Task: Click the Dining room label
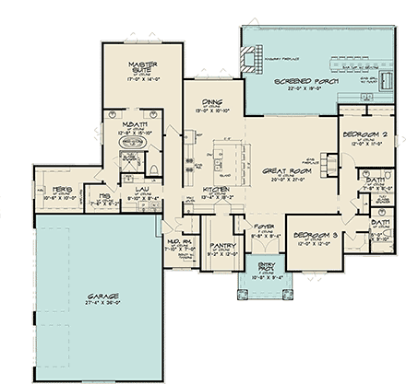click(x=212, y=102)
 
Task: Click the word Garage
click(x=92, y=297)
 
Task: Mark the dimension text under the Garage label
click(x=92, y=305)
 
